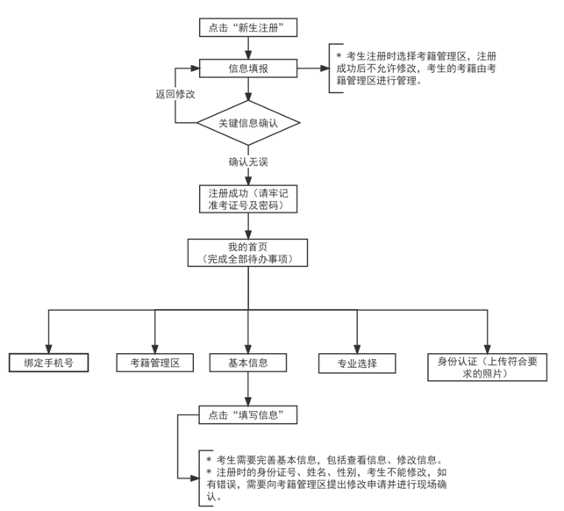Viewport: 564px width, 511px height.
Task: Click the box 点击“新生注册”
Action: point(248,27)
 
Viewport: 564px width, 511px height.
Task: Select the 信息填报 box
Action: point(248,68)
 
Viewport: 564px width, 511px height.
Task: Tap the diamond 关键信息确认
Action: point(248,123)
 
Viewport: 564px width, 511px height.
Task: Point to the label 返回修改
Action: point(175,94)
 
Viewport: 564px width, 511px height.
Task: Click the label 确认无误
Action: point(248,162)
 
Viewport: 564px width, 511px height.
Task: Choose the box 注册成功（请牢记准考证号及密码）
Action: point(248,199)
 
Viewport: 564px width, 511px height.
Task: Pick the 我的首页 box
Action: point(247,253)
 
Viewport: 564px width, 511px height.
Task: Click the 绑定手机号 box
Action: point(48,363)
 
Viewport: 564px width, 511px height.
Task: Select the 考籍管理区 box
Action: point(154,363)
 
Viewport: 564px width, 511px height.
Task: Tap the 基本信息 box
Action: point(248,363)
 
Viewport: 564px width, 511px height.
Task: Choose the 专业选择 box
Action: point(357,363)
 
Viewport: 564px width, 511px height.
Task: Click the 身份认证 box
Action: point(488,367)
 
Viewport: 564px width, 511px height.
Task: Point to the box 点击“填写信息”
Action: point(248,414)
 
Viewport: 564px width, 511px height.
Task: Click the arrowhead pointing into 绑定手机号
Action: point(48,349)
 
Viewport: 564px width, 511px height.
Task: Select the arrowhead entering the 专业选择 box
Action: point(357,349)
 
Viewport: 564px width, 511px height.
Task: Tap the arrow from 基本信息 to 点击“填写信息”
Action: point(248,389)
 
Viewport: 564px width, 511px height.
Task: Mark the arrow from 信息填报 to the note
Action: point(313,68)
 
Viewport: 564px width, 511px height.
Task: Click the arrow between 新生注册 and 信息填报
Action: point(248,48)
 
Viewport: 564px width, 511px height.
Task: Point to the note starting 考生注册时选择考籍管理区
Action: point(416,68)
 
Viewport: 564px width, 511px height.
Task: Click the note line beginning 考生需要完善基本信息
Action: point(325,460)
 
